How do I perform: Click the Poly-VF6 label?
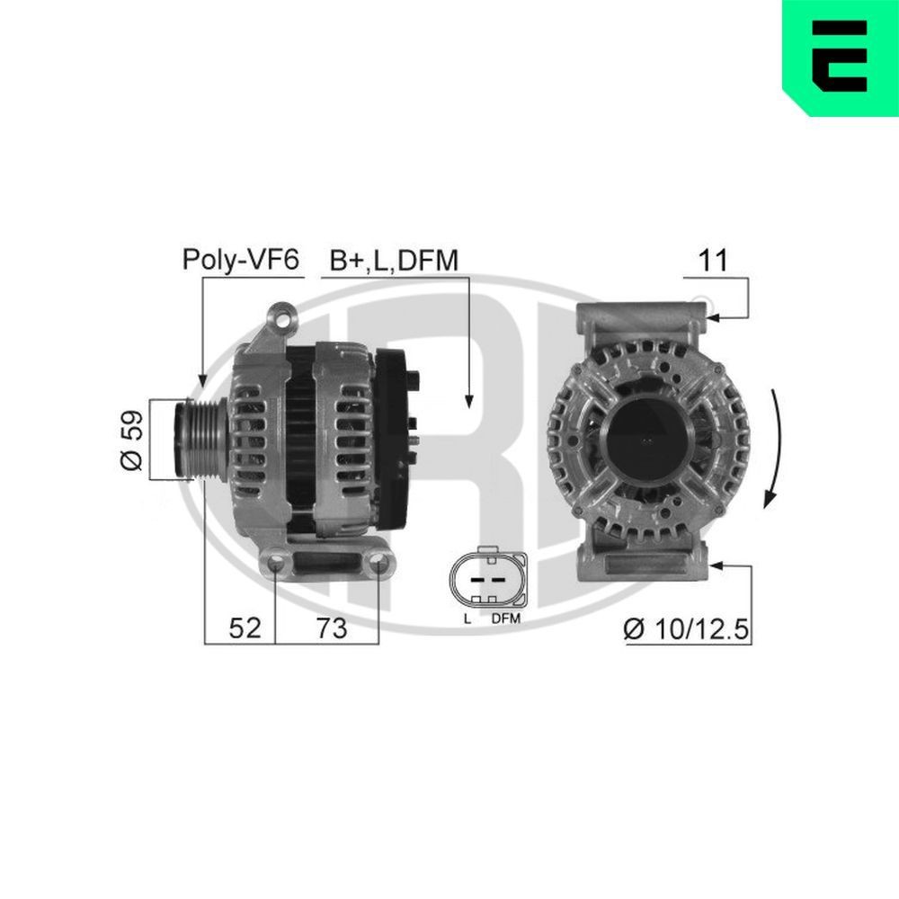[x=240, y=261]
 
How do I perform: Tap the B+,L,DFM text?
[x=394, y=261]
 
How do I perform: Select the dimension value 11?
[x=713, y=261]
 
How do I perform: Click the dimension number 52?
[x=244, y=628]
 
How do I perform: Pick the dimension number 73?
[x=331, y=628]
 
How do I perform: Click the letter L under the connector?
[x=467, y=619]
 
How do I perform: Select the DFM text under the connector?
[x=506, y=619]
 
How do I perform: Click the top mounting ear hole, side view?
[x=284, y=317]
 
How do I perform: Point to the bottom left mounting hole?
[x=275, y=565]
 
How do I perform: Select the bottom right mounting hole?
[x=378, y=565]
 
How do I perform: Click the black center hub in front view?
[x=647, y=440]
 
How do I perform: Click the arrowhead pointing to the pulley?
[x=201, y=381]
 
